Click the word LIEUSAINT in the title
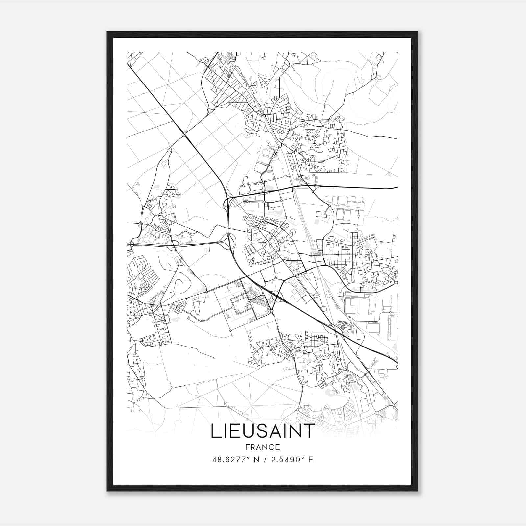pyautogui.click(x=262, y=431)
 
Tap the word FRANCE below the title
pyautogui.click(x=262, y=447)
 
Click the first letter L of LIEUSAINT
pyautogui.click(x=215, y=431)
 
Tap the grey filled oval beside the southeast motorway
pyautogui.click(x=346, y=334)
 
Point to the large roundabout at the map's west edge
pyautogui.click(x=131, y=244)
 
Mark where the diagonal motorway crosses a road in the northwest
pyautogui.click(x=185, y=134)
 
